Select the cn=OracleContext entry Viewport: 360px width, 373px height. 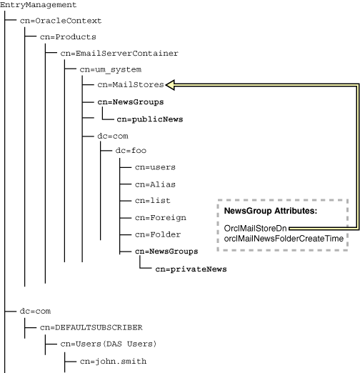pos(61,21)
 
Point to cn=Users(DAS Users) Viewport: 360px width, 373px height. pos(108,344)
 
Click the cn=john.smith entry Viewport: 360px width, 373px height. pos(113,361)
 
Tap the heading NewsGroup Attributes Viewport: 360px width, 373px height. pos(270,212)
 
